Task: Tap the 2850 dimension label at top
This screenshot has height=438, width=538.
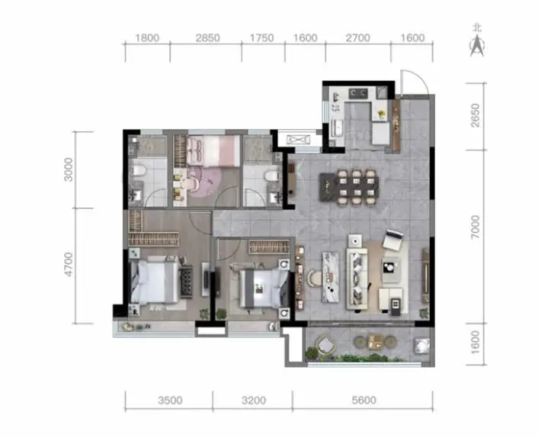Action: pos(207,38)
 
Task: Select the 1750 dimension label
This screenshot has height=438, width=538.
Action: pos(262,38)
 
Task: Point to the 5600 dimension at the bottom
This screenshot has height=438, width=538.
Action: pos(363,400)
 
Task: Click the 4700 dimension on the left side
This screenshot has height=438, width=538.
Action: pos(69,264)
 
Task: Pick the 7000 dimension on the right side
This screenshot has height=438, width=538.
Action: pos(476,227)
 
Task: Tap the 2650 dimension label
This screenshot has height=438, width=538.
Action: pos(476,115)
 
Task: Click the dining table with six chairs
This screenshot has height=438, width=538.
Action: pos(349,186)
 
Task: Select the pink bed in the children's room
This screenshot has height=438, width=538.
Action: pos(213,151)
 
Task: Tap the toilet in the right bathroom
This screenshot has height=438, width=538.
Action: pos(271,176)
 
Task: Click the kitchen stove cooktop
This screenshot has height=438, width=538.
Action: pos(358,93)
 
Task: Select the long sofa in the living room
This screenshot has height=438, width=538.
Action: pos(357,279)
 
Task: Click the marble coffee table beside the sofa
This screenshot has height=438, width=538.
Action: pos(331,277)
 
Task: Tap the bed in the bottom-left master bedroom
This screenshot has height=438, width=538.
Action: pos(155,281)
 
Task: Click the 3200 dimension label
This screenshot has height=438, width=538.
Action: pos(254,400)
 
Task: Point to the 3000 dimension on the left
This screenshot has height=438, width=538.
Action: pos(69,169)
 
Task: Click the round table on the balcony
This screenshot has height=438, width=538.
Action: pos(325,343)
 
